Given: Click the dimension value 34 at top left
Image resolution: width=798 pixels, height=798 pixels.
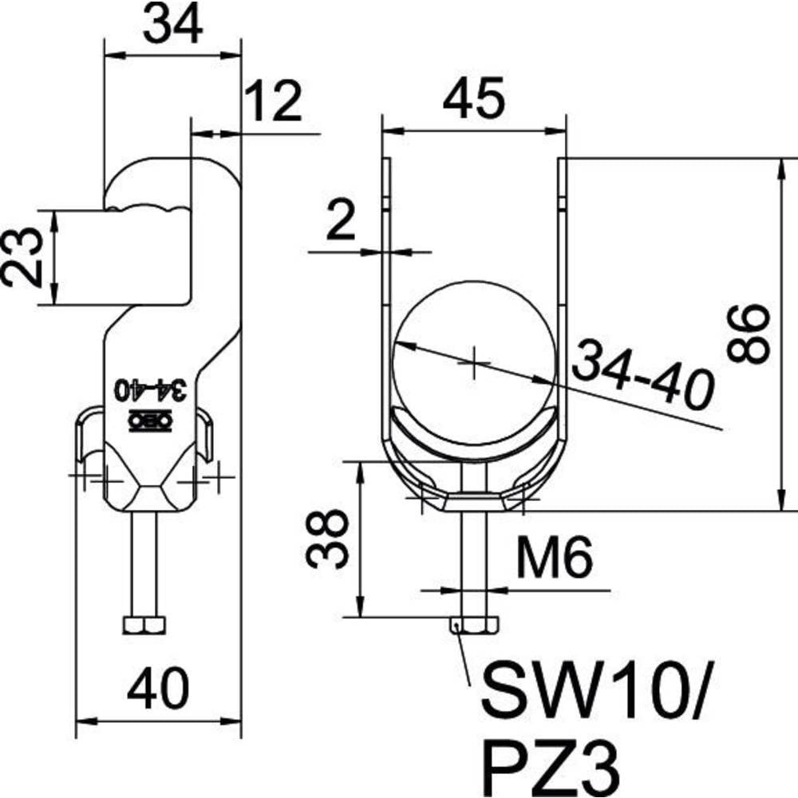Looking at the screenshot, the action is click(172, 24).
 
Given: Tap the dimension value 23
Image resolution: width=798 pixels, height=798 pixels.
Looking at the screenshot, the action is click(22, 258).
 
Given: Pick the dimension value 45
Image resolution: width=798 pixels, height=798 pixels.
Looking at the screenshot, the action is click(473, 98).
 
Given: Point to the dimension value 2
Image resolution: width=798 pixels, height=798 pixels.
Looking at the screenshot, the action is click(341, 220).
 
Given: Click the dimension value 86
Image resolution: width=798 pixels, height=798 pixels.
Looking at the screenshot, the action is click(747, 334).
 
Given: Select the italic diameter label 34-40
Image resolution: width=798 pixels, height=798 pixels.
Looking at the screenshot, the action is click(642, 374).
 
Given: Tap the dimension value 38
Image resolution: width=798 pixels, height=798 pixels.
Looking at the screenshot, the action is click(327, 539).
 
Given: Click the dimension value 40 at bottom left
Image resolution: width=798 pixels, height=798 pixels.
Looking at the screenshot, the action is click(158, 689).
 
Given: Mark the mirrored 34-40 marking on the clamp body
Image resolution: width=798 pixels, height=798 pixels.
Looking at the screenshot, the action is click(150, 390).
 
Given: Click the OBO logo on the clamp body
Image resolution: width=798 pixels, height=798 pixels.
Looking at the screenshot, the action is click(150, 421).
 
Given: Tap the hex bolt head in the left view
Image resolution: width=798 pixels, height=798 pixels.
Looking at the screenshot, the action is click(144, 626).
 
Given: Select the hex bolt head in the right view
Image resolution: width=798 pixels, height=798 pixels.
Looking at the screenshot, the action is click(474, 626).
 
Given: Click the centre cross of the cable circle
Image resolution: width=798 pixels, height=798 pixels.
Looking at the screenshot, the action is click(474, 363).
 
